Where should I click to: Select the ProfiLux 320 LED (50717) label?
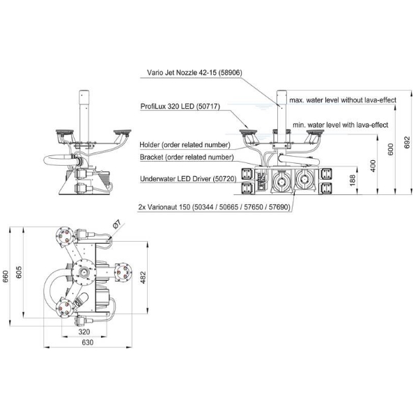tap(185, 107)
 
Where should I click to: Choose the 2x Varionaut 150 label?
tap(212, 206)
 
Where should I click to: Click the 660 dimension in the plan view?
tap(8, 277)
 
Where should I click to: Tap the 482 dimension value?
tap(144, 277)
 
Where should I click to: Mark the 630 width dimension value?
tap(87, 343)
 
